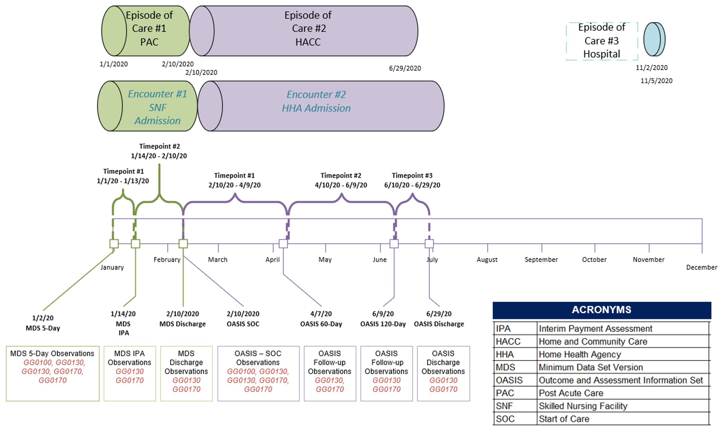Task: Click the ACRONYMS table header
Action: [601, 310]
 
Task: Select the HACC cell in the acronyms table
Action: [508, 342]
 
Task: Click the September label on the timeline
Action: [541, 260]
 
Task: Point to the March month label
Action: [217, 260]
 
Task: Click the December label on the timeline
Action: [701, 268]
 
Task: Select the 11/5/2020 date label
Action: [656, 81]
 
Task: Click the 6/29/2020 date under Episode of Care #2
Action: [405, 68]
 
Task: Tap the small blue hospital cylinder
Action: [654, 39]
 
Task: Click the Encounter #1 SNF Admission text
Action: [157, 107]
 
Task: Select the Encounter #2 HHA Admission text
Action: [316, 101]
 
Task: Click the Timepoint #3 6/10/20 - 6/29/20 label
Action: [412, 180]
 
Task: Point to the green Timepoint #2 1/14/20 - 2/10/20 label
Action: [159, 151]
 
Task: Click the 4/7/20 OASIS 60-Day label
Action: [321, 319]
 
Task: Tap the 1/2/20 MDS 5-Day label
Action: [43, 323]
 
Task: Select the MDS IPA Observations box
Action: [130, 373]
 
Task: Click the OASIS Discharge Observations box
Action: [443, 373]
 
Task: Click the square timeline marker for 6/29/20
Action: [429, 243]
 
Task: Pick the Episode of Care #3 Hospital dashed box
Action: [601, 41]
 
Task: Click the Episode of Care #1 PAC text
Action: [149, 28]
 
